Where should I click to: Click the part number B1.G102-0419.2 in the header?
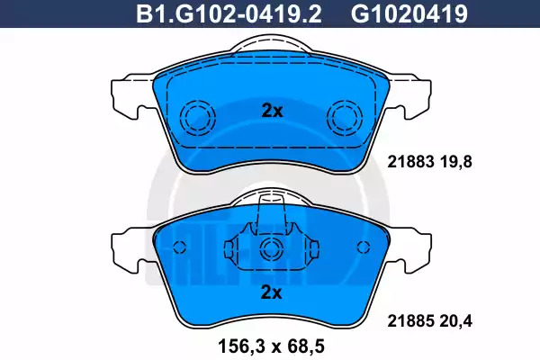pos(229,14)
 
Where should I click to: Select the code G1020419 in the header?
pos(409,14)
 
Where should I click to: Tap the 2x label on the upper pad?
pos(272,111)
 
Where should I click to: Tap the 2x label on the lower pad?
pos(272,292)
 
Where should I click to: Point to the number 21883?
pos(410,162)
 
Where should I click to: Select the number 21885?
pos(410,321)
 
